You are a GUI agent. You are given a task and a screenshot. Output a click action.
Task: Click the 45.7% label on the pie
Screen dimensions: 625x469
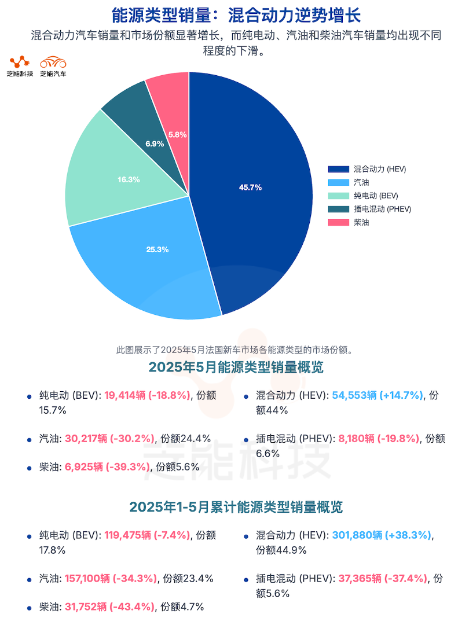[x=250, y=187]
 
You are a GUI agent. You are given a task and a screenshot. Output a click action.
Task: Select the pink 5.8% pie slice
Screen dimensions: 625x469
[x=174, y=116]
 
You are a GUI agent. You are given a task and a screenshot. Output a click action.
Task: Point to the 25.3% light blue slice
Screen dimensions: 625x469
[x=151, y=260]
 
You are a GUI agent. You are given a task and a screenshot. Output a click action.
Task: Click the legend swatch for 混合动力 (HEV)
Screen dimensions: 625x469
[x=338, y=170]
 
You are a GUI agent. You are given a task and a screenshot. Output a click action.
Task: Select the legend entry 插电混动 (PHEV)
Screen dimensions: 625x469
[x=382, y=209]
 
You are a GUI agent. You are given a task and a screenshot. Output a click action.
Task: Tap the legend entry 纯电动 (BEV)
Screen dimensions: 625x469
[x=376, y=196]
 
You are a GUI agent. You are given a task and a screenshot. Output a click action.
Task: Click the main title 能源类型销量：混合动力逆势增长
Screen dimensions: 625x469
[x=235, y=14]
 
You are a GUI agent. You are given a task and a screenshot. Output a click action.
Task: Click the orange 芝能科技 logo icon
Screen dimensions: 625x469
[x=20, y=62]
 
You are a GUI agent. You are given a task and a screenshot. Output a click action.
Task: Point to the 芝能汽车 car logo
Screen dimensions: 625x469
[x=53, y=62]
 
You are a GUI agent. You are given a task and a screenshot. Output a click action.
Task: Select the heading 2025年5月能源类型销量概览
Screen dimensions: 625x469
[x=235, y=367]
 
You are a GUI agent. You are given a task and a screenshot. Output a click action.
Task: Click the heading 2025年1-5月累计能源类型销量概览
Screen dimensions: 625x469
[x=235, y=508]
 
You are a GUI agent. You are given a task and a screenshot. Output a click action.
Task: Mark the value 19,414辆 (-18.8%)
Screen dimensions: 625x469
[x=147, y=396]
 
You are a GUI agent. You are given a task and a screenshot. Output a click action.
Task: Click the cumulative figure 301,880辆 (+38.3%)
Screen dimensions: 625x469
[x=382, y=536]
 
